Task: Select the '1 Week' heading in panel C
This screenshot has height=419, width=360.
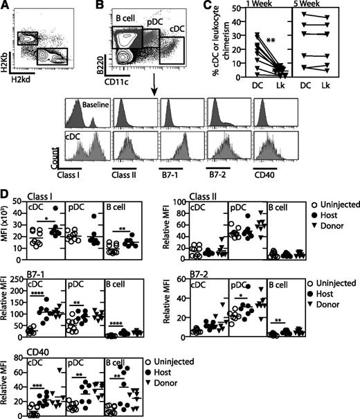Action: pyautogui.click(x=270, y=6)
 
